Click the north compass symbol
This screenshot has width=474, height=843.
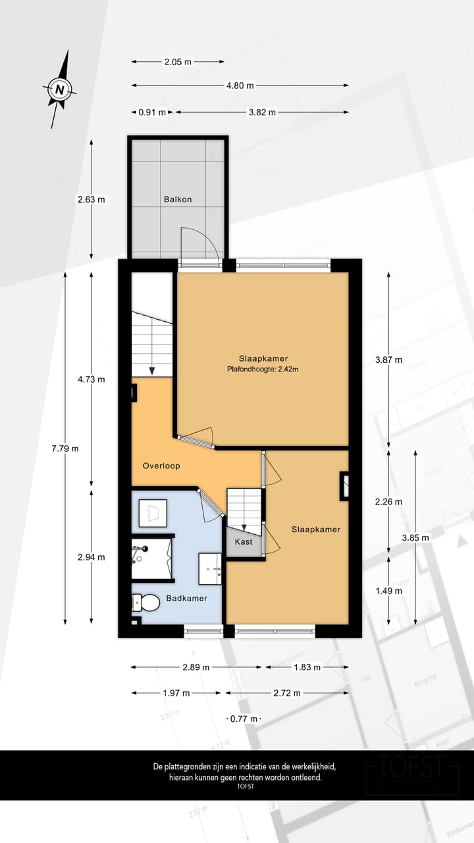[x=61, y=89]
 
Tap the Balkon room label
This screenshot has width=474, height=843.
[x=178, y=199]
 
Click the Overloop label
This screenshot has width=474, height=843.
[x=161, y=466]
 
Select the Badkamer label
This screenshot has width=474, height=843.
[x=187, y=598]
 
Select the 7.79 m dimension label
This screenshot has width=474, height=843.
[x=65, y=449]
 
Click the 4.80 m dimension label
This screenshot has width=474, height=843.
[x=240, y=85]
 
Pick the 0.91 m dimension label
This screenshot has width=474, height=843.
[x=152, y=112]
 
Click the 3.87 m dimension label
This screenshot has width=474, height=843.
[x=388, y=360]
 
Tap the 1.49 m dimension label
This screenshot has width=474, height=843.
[x=388, y=591]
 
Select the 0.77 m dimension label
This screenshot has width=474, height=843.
[x=243, y=719]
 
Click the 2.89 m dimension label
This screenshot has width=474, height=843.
[x=196, y=667]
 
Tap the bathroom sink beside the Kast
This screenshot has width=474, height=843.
[x=211, y=568]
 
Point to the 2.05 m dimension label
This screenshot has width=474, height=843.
[x=178, y=62]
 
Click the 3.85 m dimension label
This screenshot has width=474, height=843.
[x=415, y=537]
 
